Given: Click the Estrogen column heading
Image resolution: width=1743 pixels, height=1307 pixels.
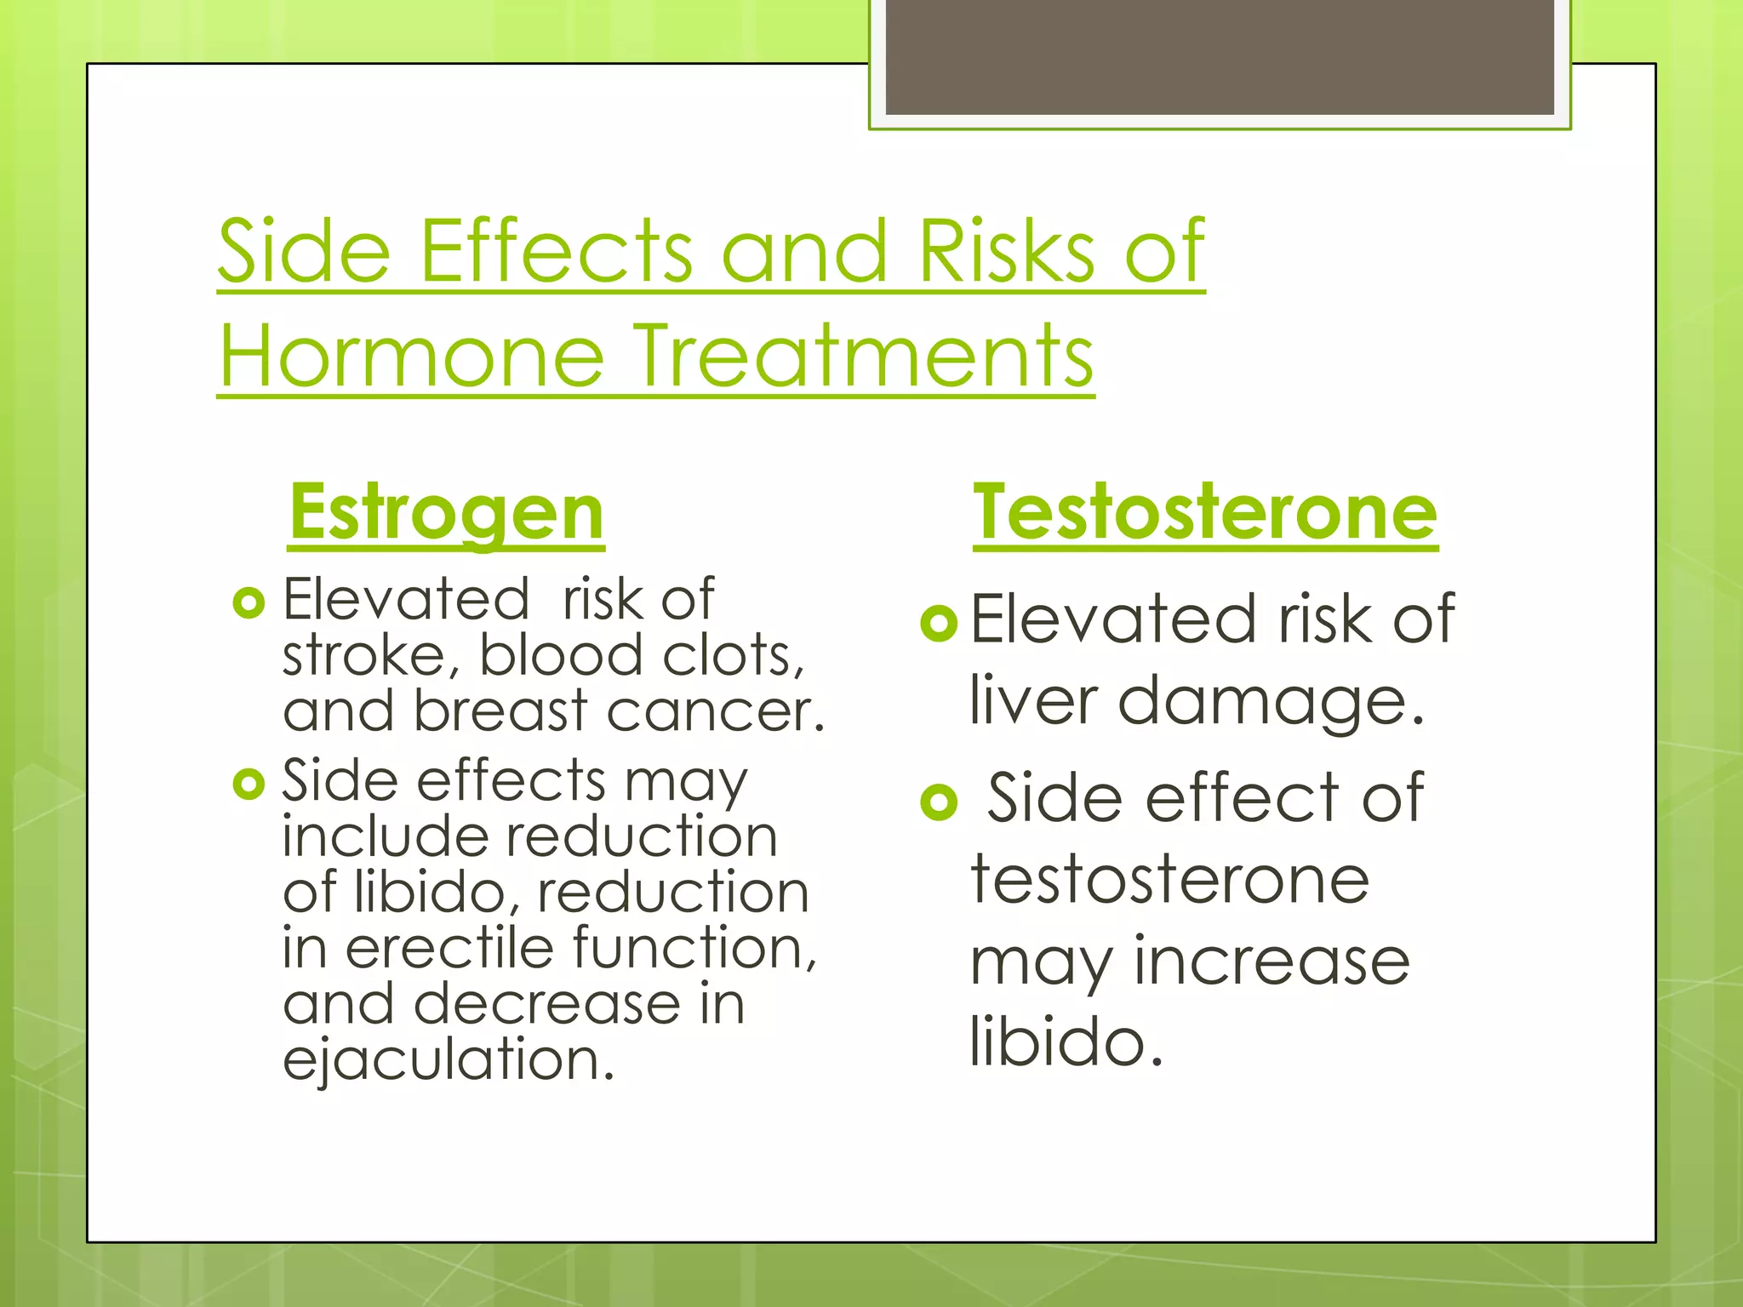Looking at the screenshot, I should [x=446, y=513].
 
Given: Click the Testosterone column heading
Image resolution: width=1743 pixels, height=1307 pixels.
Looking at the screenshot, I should [x=1205, y=513].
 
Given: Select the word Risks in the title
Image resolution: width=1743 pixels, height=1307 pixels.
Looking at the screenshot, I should [x=1006, y=252].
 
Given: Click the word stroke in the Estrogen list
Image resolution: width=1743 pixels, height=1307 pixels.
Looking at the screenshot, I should [x=371, y=657].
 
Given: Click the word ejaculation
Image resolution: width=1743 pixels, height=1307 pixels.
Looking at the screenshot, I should [x=448, y=1060].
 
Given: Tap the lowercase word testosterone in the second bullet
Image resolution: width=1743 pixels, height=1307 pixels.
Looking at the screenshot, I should [x=1169, y=880].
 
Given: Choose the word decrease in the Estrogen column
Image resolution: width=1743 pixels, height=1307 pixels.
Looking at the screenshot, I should [x=546, y=1005].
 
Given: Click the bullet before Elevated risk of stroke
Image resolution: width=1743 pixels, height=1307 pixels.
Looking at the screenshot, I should [x=249, y=603].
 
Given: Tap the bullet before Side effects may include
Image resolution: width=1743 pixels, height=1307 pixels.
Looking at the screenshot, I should [x=249, y=784].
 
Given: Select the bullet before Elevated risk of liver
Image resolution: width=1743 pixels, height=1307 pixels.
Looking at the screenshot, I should [x=939, y=624].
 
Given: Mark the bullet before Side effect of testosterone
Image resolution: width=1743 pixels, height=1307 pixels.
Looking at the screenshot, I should [x=939, y=802].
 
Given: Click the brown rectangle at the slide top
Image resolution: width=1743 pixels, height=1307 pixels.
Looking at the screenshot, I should [x=1219, y=56].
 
